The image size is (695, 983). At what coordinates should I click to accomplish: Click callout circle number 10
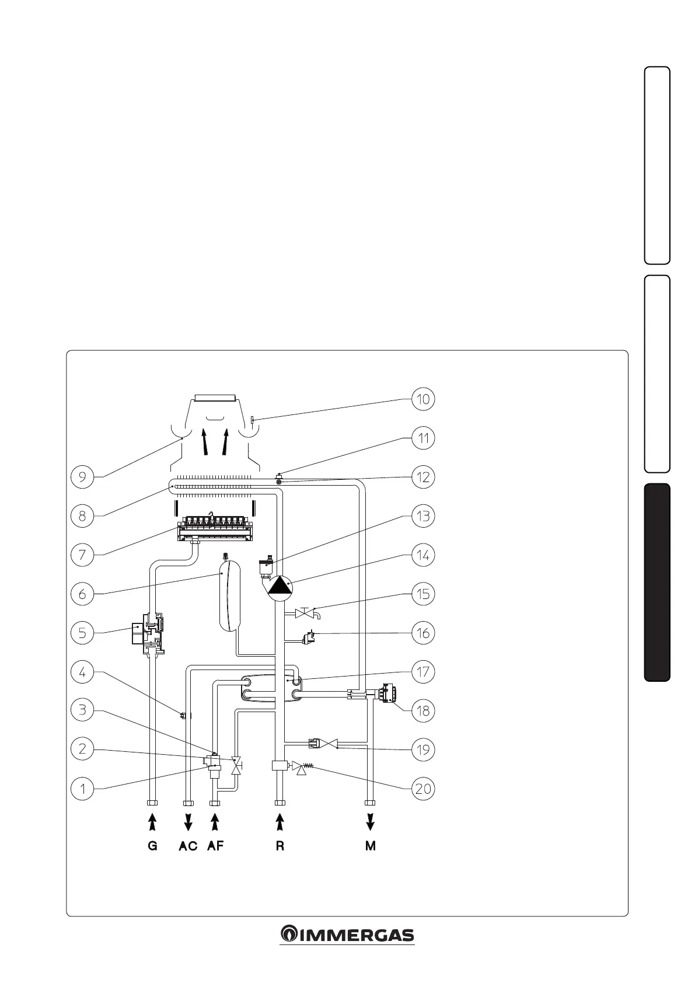pos(423,399)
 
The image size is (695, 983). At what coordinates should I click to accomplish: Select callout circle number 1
pos(82,789)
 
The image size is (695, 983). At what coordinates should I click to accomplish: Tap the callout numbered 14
pos(423,555)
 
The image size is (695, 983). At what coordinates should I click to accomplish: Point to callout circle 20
pos(423,789)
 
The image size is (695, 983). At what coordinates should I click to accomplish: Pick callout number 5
pos(82,633)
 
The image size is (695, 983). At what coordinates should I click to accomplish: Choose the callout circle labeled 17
pos(423,672)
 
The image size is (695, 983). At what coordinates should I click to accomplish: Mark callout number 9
pos(82,477)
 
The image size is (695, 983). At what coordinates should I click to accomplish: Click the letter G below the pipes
pos(153,846)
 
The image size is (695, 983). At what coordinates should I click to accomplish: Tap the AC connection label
pos(188,846)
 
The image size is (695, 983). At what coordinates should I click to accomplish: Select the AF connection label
pos(215,846)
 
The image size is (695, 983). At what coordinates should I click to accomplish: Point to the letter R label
pos(280,846)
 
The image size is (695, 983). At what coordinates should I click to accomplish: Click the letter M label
pos(371,846)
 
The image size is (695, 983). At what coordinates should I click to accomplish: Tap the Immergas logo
pos(347,935)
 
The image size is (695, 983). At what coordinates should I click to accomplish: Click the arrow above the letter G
pos(153,822)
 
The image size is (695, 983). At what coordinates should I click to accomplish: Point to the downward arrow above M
pos(371,822)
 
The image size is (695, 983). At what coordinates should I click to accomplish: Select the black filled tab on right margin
pos(657,582)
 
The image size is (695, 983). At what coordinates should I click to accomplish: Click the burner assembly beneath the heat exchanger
pos(216,527)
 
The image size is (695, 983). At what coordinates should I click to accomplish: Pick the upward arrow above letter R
pos(280,822)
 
